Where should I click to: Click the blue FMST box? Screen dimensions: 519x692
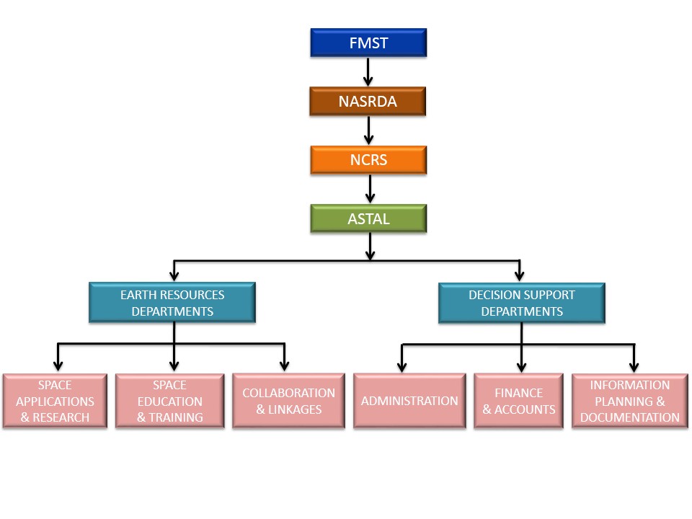click(x=368, y=43)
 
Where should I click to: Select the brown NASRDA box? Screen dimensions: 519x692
click(x=368, y=102)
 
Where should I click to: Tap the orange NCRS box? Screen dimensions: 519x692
click(x=368, y=160)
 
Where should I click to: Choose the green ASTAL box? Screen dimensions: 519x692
click(x=368, y=218)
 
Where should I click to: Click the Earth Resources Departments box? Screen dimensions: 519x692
click(x=172, y=303)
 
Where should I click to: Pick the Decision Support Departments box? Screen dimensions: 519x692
click(x=521, y=303)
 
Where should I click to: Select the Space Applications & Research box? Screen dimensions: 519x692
click(x=55, y=402)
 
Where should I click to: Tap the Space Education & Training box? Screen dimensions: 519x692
click(x=170, y=402)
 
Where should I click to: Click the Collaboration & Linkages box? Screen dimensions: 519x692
click(x=288, y=402)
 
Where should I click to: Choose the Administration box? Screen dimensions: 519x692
click(x=409, y=402)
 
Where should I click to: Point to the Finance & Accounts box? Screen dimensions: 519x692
click(x=519, y=402)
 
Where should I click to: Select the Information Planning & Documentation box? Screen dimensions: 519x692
click(x=630, y=402)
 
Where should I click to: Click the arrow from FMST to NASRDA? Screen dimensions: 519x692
click(x=368, y=72)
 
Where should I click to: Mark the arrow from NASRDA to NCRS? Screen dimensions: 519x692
click(x=368, y=130)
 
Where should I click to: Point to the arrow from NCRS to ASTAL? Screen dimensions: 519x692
click(x=370, y=189)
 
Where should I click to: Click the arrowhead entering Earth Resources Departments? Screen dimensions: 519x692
click(x=173, y=275)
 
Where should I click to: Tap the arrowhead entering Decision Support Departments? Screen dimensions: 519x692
click(x=520, y=275)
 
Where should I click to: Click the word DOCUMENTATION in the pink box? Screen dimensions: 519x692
click(x=630, y=417)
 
